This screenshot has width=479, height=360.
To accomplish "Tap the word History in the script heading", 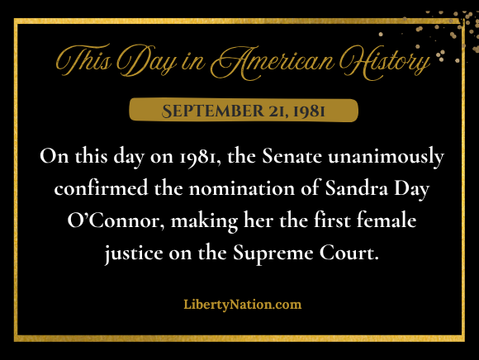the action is (386, 62).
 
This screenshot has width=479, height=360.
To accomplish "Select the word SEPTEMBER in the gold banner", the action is (212, 111).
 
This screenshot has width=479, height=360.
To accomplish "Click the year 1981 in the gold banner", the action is (309, 111).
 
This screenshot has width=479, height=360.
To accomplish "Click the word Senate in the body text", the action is (292, 156).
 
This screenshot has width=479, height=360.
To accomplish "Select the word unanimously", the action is (387, 157).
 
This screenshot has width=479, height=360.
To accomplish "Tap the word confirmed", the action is (101, 187).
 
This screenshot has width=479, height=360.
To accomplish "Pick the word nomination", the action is (242, 187).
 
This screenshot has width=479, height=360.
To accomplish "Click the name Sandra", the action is (356, 187).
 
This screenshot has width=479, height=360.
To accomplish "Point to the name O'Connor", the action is (113, 220).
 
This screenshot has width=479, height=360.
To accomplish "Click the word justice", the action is (134, 253).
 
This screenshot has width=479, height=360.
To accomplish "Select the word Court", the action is (349, 253).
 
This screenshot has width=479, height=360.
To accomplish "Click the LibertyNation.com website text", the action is (243, 305).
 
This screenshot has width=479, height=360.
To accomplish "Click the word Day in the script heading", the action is (147, 61).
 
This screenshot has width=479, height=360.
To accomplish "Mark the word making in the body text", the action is (204, 221).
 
